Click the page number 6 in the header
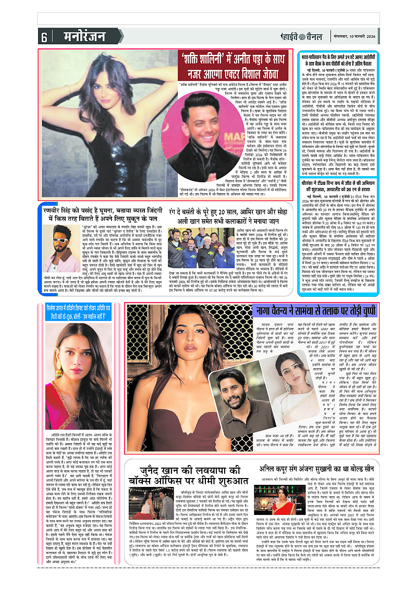coord(44,37)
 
